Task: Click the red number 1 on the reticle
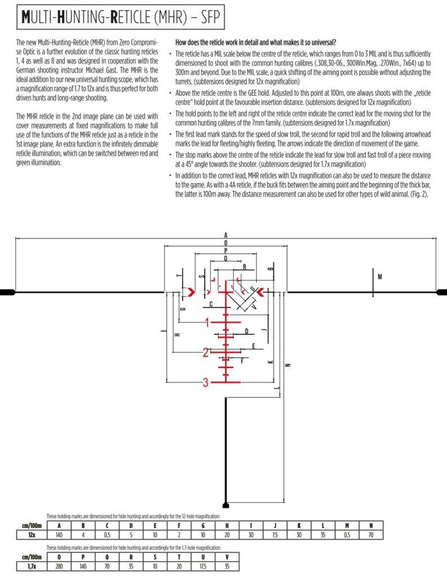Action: coord(207,323)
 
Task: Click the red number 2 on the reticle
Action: coord(206,353)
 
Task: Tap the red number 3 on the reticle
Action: coord(206,383)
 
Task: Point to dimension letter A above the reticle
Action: coord(225,235)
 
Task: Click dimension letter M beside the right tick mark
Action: coord(380,277)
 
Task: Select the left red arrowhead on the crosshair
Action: coord(192,291)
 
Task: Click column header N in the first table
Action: coord(371,526)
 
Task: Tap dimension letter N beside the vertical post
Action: coord(288,365)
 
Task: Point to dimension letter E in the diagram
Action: coord(254,345)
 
